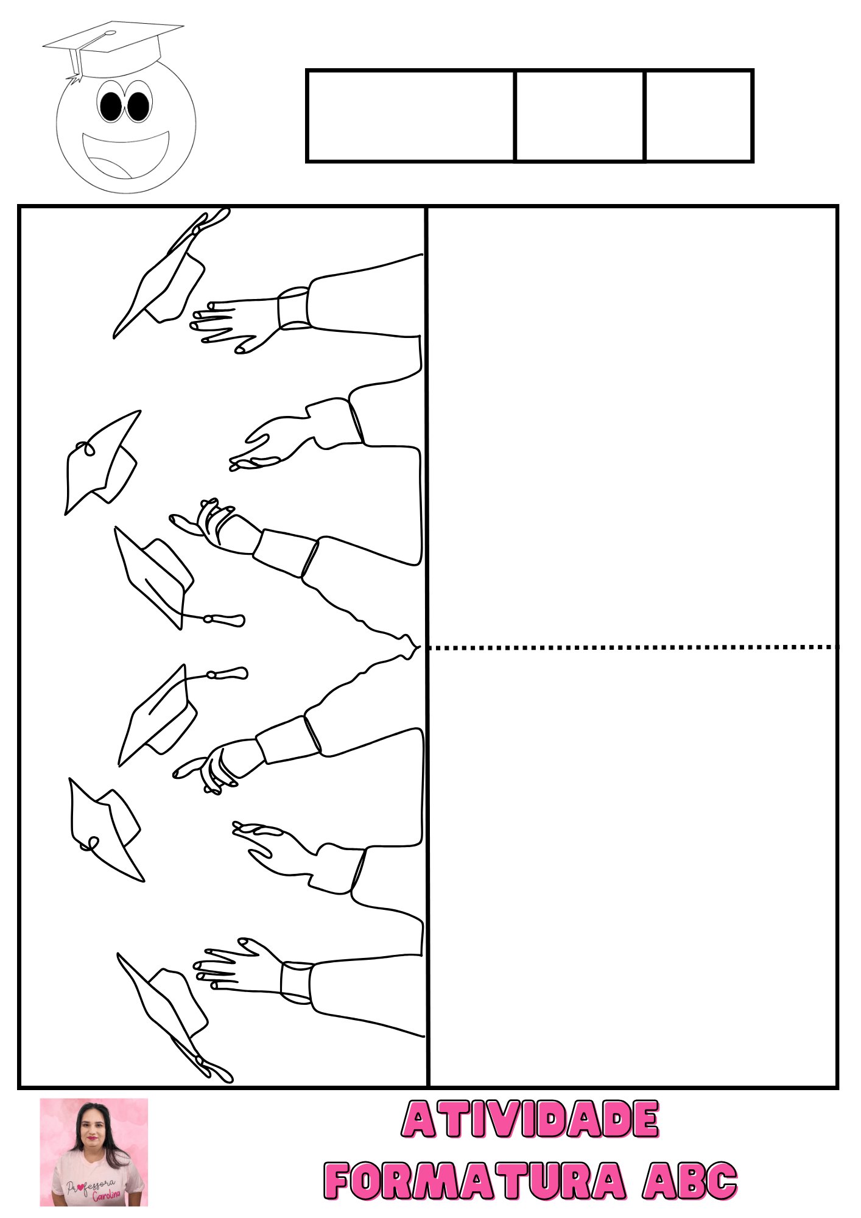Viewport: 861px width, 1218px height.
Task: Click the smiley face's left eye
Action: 111,105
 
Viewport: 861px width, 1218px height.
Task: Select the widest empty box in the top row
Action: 411,116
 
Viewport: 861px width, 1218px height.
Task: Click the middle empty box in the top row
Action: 580,116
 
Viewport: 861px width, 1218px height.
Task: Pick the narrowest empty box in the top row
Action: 699,116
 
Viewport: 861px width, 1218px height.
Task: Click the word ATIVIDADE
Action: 530,1119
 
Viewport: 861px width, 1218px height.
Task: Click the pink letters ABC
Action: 691,1180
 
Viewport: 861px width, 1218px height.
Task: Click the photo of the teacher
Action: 94,1152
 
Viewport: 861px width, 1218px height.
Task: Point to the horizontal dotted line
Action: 633,647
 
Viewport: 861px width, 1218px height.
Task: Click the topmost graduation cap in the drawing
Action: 171,273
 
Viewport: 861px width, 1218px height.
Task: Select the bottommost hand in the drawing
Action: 238,965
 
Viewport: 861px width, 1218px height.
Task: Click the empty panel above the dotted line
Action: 633,427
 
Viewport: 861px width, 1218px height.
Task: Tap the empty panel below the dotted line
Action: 633,868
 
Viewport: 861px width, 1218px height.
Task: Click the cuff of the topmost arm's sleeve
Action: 294,308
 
